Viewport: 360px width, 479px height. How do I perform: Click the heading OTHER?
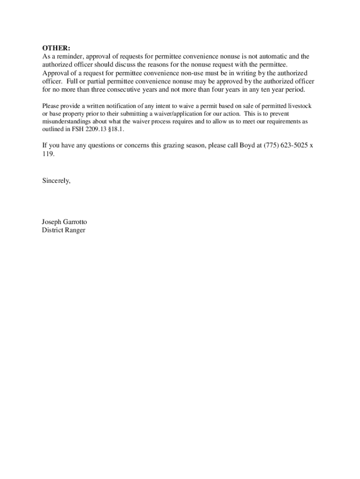click(x=56, y=48)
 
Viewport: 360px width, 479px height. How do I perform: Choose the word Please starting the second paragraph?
click(x=50, y=106)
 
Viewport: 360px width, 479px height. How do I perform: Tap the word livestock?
click(x=298, y=106)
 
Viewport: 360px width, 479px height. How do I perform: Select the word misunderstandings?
click(x=66, y=122)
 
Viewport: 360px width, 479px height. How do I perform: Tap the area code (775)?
click(x=273, y=145)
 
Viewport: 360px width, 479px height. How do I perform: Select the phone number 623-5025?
click(x=295, y=145)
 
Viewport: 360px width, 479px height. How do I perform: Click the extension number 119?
click(x=47, y=153)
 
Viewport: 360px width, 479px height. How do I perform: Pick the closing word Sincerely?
click(x=56, y=181)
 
